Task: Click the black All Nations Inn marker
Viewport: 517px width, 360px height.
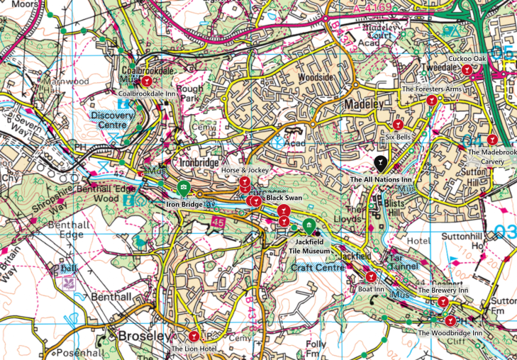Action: [380, 164]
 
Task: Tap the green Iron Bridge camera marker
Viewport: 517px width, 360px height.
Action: [184, 189]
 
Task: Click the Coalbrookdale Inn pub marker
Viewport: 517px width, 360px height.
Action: [146, 81]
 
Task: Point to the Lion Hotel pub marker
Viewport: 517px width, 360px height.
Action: [194, 336]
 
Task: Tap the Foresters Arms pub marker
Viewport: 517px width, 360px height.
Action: [431, 101]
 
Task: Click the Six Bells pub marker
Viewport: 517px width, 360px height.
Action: [397, 125]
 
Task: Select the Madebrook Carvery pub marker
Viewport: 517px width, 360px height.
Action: [491, 139]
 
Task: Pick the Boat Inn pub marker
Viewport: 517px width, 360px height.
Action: [369, 276]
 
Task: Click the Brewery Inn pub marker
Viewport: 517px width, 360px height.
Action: [443, 302]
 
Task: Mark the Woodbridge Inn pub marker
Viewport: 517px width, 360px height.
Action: [450, 323]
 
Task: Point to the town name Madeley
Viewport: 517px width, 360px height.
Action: [363, 104]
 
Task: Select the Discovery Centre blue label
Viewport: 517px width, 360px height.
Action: [112, 120]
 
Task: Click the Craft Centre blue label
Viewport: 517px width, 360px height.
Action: [317, 267]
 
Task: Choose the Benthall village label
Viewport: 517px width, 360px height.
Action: [111, 296]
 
